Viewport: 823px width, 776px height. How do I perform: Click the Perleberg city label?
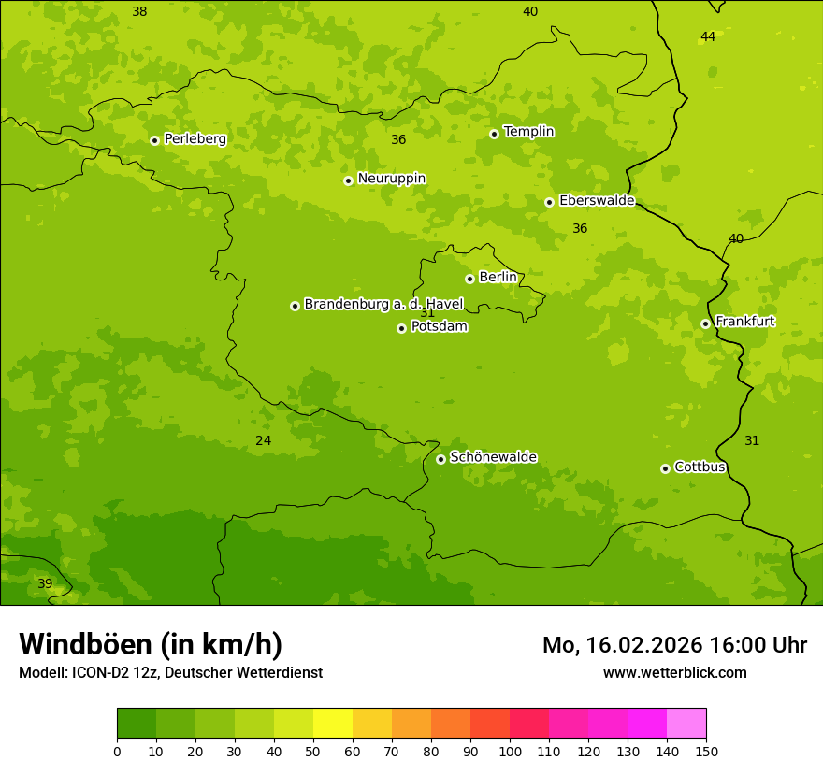(x=195, y=139)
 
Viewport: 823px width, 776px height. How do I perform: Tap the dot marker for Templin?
(x=494, y=134)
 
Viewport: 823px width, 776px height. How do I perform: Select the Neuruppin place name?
(x=391, y=179)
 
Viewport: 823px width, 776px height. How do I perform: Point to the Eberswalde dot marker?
(x=549, y=202)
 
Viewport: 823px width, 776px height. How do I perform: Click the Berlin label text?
(x=498, y=278)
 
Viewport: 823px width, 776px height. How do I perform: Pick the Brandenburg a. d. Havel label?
(x=383, y=305)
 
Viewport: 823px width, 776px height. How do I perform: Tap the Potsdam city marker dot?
(x=401, y=328)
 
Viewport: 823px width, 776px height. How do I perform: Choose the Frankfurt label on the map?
(x=744, y=322)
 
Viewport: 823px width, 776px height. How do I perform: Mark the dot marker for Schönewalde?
(x=440, y=459)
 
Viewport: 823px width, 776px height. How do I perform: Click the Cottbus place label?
(x=700, y=467)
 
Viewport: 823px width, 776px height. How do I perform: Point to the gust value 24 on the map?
(x=264, y=440)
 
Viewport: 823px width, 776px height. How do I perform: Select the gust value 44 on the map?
(x=708, y=36)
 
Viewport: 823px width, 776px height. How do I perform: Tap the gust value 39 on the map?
(x=45, y=583)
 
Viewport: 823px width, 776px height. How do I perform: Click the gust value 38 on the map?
(x=139, y=12)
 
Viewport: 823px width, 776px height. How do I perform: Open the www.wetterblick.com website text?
(x=674, y=672)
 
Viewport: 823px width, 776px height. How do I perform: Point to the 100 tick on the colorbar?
(x=510, y=750)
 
